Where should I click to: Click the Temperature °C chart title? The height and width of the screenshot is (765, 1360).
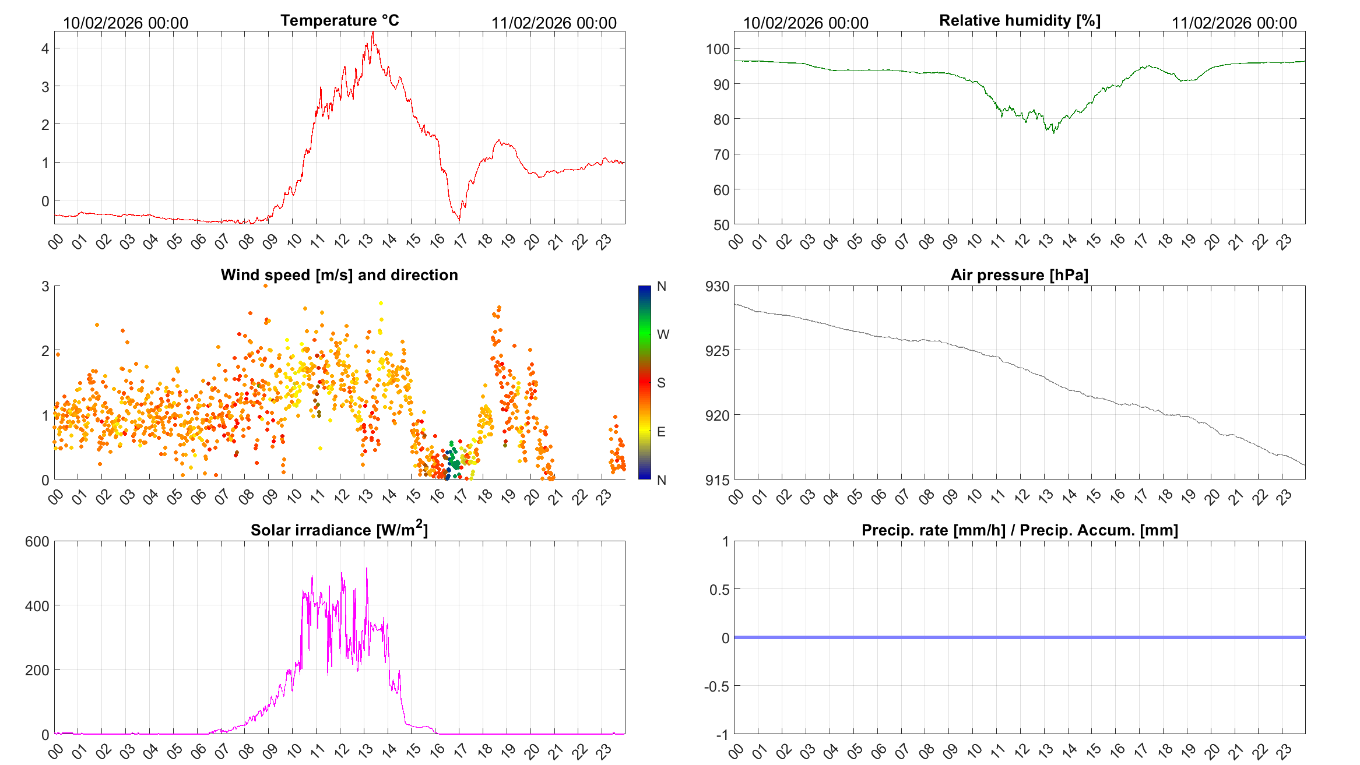pyautogui.click(x=340, y=20)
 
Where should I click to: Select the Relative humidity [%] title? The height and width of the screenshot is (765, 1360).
pyautogui.click(x=1020, y=20)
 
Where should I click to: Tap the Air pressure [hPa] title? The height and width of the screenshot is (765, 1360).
pyautogui.click(x=1019, y=275)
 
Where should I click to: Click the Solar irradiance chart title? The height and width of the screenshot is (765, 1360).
pyautogui.click(x=339, y=530)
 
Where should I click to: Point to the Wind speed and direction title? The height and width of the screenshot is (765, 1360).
pyautogui.click(x=339, y=275)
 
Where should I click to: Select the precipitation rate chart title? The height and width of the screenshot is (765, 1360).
pyautogui.click(x=1020, y=530)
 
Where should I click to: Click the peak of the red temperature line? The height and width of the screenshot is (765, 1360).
pyautogui.click(x=373, y=33)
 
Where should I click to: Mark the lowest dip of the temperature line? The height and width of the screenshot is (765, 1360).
pyautogui.click(x=459, y=221)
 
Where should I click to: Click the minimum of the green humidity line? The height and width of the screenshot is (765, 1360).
pyautogui.click(x=1053, y=133)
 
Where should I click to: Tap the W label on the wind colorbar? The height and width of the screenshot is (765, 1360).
pyautogui.click(x=663, y=334)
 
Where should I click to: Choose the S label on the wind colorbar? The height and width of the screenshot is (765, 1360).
pyautogui.click(x=661, y=383)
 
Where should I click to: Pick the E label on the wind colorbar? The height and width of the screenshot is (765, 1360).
pyautogui.click(x=661, y=432)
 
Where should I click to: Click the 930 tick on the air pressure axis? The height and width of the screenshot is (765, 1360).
pyautogui.click(x=717, y=287)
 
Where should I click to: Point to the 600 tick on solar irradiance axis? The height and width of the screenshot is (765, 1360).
pyautogui.click(x=37, y=542)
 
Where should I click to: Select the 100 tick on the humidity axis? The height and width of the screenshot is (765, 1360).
pyautogui.click(x=718, y=49)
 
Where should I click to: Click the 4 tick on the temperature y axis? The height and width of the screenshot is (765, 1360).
pyautogui.click(x=45, y=48)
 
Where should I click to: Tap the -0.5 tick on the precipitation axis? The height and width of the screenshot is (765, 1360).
pyautogui.click(x=716, y=686)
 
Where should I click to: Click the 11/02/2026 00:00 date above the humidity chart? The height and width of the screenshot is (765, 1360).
pyautogui.click(x=1234, y=23)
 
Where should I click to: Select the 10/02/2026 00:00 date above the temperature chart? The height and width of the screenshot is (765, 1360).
pyautogui.click(x=125, y=23)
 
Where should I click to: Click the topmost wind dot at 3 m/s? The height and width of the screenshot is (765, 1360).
pyautogui.click(x=266, y=285)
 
